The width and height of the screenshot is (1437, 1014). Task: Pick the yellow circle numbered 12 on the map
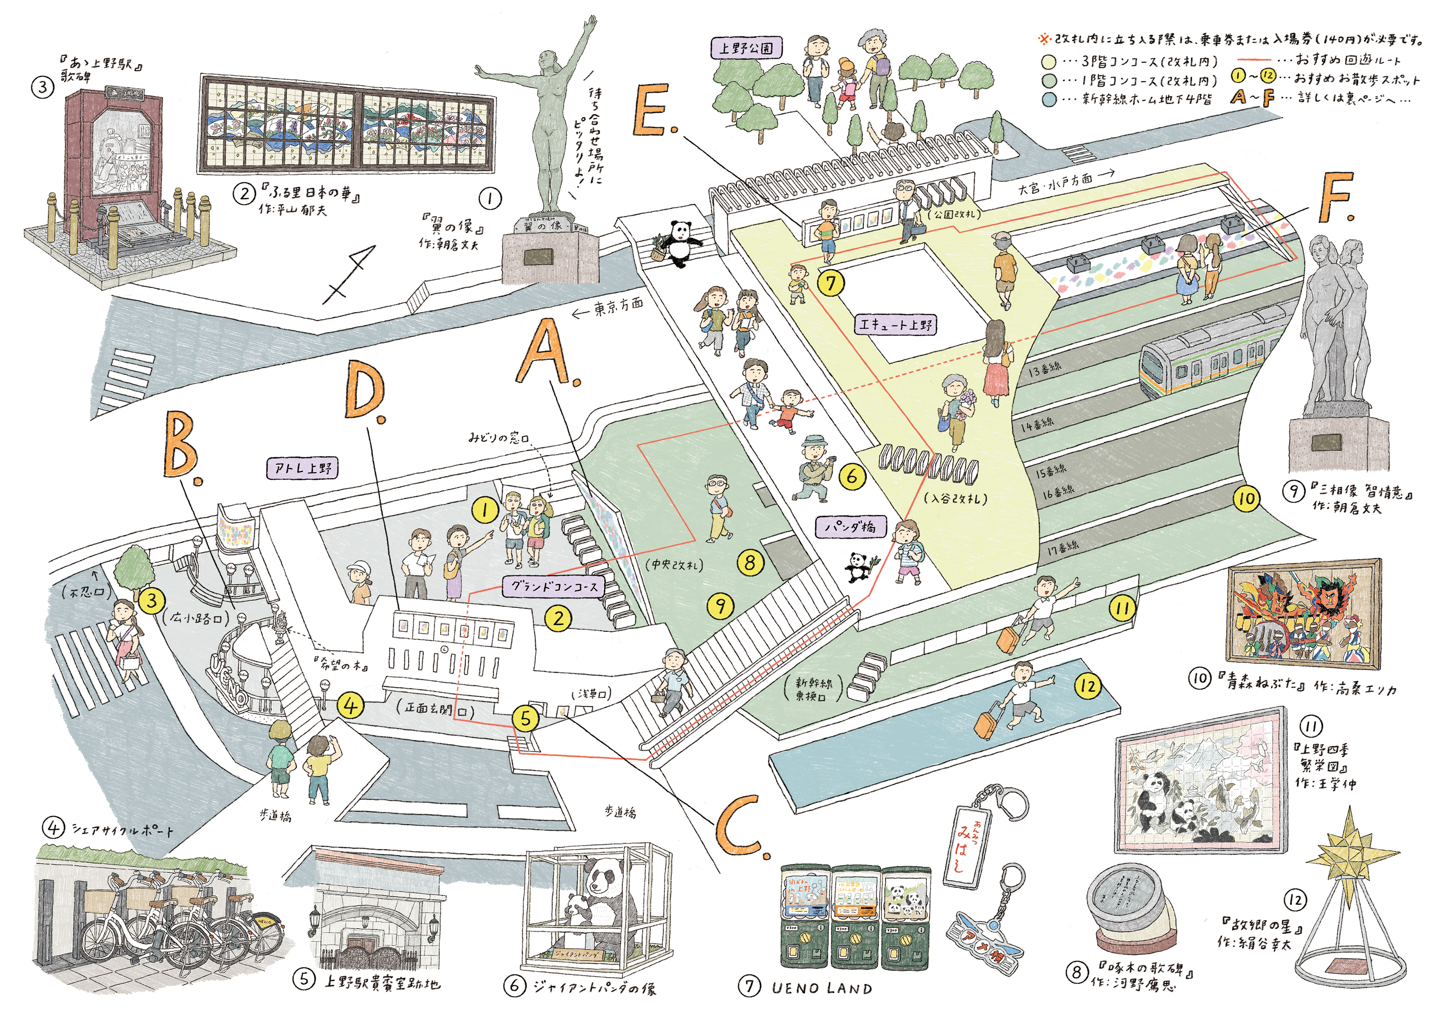(x=1088, y=686)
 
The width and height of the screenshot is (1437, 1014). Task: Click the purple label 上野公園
(x=746, y=48)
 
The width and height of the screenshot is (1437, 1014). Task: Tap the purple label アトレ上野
(x=303, y=468)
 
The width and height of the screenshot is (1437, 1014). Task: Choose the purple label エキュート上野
(x=895, y=324)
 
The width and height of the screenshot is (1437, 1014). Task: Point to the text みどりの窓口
(x=499, y=437)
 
